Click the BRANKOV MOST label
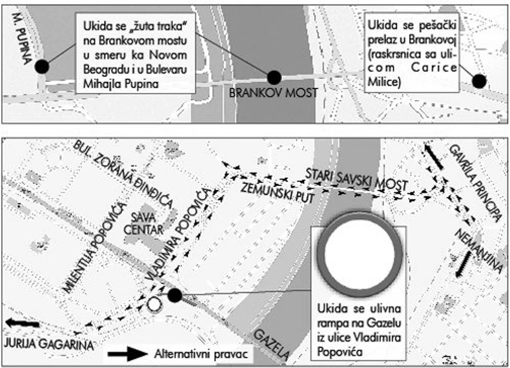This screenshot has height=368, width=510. [x=273, y=94]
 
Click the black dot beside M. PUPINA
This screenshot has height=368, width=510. [x=42, y=66]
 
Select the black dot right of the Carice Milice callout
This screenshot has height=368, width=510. [x=478, y=81]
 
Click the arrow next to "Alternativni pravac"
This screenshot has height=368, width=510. [x=129, y=354]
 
